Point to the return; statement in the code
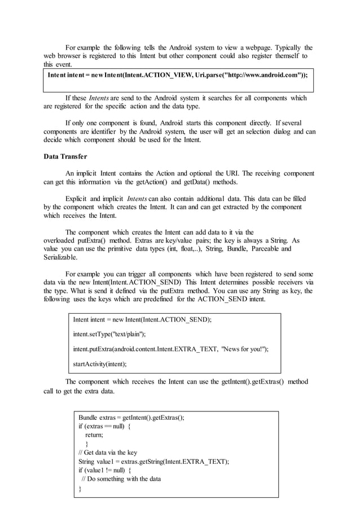coord(94,435)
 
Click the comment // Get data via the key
coord(108,453)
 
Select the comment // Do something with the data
coord(121,479)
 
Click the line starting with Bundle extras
coord(131,418)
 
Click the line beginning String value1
coord(153,462)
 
